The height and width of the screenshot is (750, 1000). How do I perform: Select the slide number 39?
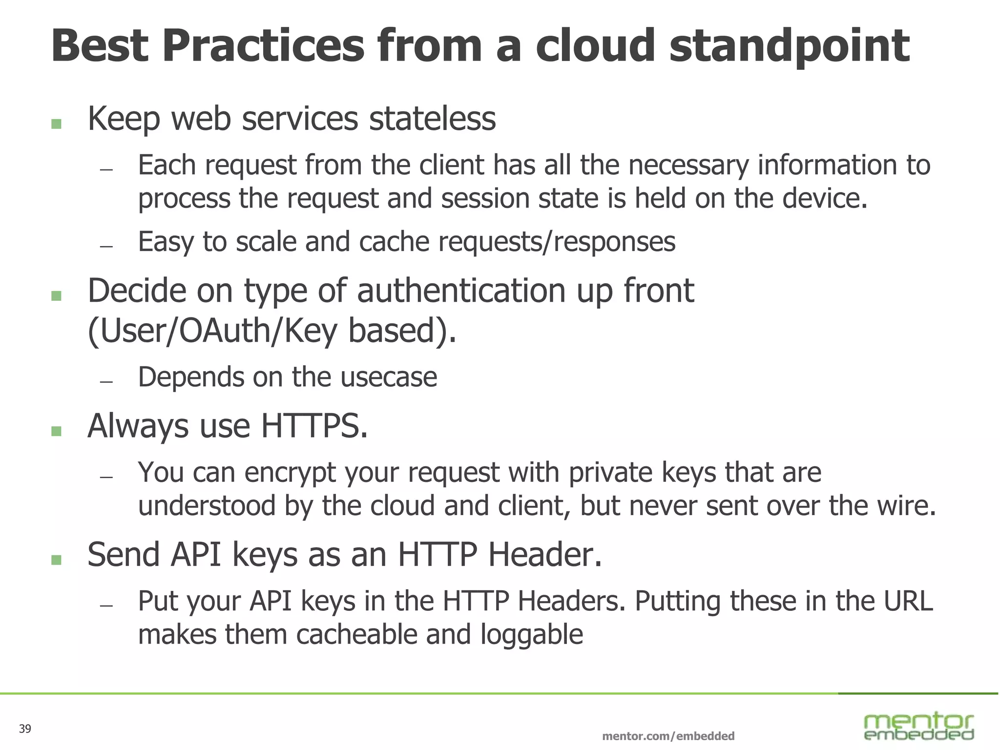click(25, 729)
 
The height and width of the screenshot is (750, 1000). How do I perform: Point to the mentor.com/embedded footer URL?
click(668, 736)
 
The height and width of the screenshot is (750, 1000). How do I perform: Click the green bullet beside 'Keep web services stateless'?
click(56, 124)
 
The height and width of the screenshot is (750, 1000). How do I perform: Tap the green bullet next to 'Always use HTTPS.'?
click(56, 431)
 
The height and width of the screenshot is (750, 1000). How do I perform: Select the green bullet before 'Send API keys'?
click(56, 560)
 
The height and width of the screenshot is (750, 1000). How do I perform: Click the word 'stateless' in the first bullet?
click(432, 119)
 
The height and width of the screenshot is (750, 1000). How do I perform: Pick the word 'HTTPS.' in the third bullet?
click(314, 426)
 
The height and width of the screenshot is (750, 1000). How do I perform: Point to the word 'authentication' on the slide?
click(461, 291)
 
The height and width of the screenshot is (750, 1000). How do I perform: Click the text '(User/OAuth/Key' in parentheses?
click(212, 331)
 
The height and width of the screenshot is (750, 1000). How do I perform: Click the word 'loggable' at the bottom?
click(532, 634)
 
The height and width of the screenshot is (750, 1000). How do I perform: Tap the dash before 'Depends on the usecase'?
click(106, 381)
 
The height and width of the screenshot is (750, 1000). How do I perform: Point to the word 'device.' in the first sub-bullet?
click(825, 198)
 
